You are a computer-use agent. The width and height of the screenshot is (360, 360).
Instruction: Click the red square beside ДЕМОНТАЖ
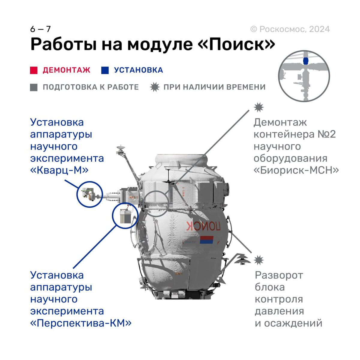[x=34, y=70]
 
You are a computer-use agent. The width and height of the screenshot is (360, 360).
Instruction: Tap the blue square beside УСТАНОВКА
[x=105, y=70]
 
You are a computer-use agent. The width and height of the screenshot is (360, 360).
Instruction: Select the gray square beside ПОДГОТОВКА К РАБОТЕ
[x=34, y=87]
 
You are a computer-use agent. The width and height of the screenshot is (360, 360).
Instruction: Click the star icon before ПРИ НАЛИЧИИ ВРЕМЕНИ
[x=154, y=87]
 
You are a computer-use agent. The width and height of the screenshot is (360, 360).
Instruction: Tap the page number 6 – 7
[x=40, y=29]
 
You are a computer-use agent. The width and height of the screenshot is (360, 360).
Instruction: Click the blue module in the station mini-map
[x=305, y=61]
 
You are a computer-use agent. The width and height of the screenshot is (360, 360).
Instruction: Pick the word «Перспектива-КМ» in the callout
[x=81, y=323]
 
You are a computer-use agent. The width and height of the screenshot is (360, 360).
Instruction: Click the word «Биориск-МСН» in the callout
[x=296, y=170]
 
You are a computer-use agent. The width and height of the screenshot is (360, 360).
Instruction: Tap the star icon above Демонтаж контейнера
[x=259, y=107]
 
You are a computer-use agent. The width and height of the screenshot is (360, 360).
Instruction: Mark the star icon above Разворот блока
[x=259, y=260]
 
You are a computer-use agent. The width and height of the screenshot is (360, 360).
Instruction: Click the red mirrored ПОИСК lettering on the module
[x=203, y=226]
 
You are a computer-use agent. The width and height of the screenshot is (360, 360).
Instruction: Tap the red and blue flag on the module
[x=206, y=240]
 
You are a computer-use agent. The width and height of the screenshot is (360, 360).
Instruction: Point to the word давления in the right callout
[x=279, y=311]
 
